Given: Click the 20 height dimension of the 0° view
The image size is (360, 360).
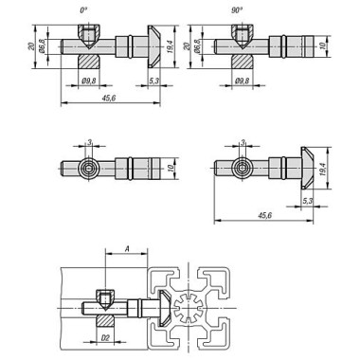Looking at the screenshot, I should (x=31, y=47).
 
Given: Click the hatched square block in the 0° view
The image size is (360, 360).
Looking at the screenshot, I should (x=86, y=61).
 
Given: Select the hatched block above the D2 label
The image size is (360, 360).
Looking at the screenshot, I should (x=106, y=315).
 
